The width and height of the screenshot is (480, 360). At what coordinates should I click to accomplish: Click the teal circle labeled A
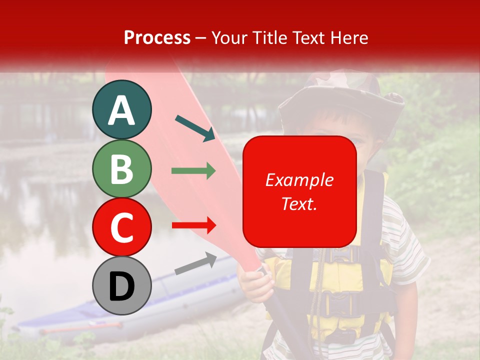tap(121, 109)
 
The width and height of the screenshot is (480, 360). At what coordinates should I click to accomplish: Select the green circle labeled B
tap(121, 168)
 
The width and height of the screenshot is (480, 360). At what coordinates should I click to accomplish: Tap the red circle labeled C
tap(121, 227)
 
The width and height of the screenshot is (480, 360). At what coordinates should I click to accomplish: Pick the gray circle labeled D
tap(121, 286)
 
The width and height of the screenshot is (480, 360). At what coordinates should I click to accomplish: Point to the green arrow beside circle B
tap(193, 171)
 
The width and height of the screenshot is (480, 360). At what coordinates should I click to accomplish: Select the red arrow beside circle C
tap(193, 225)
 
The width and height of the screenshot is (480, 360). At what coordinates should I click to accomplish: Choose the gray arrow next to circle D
tap(195, 263)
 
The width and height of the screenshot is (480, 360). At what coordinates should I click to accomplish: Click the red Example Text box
tap(299, 191)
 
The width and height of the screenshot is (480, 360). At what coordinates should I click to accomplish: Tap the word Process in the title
tap(157, 37)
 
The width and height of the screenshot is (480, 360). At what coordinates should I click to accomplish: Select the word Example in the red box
tap(299, 180)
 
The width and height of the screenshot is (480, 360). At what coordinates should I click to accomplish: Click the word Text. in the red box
tap(299, 203)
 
